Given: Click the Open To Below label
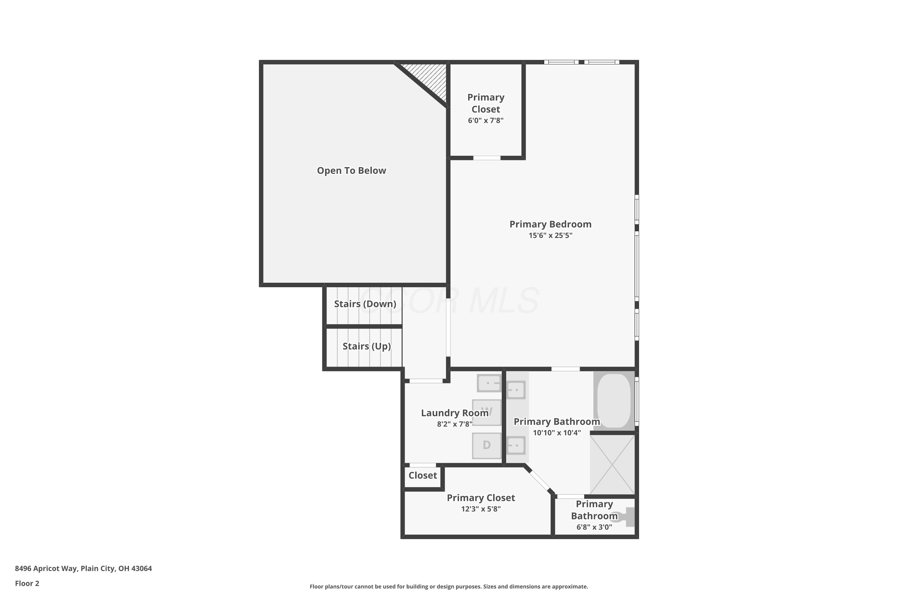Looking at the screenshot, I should [351, 170].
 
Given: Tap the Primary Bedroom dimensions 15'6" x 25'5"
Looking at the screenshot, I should [550, 235].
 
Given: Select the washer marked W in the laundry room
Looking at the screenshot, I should [486, 412].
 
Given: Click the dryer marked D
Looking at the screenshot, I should [486, 445].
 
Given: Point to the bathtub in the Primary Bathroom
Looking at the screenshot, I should [614, 401].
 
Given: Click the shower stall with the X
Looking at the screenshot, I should [612, 464].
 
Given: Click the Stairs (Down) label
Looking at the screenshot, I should [365, 304].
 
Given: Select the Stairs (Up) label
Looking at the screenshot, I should [366, 346].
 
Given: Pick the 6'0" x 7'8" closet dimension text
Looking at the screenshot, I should [486, 120].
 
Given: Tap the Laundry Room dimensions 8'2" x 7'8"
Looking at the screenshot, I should [454, 424].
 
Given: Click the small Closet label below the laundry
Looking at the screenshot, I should [423, 475].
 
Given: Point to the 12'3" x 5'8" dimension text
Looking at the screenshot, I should [481, 509].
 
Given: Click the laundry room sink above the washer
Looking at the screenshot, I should [489, 383].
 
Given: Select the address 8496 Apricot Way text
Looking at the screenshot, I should [83, 568].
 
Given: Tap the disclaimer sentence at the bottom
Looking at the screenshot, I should [449, 586].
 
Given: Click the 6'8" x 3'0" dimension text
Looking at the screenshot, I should [594, 527].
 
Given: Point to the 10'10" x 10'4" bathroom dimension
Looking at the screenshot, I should [557, 433].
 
